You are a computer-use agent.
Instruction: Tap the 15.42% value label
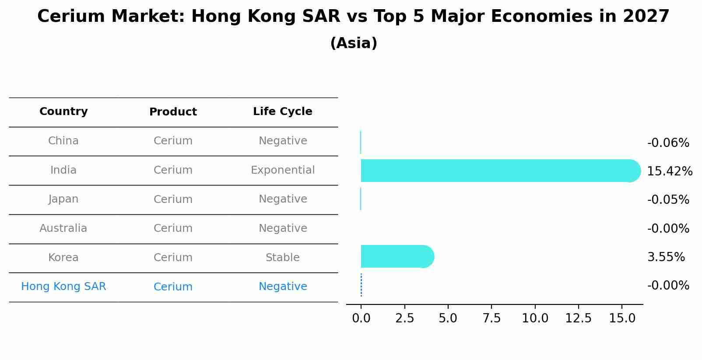[x=669, y=171]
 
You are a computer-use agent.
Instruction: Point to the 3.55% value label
[x=666, y=257]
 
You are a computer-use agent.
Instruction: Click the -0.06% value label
[x=668, y=143]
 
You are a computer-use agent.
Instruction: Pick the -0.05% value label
[x=668, y=199]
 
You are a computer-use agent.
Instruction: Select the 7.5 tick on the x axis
[x=491, y=318]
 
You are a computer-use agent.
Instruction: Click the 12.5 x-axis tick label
[x=578, y=318]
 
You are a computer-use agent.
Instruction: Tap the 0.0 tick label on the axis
[x=361, y=318]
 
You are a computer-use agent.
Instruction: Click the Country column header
[x=63, y=112]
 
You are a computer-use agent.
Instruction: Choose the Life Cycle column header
[x=282, y=112]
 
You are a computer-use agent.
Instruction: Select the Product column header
[x=173, y=112]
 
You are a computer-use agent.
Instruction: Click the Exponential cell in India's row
[x=282, y=170]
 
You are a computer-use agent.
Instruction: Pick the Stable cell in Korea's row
[x=282, y=258]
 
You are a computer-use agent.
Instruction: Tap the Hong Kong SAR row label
[x=63, y=287]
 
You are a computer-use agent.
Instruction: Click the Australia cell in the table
[x=63, y=228]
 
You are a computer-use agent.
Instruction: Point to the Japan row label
[x=63, y=199]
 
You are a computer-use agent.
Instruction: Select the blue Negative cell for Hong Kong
[x=282, y=287]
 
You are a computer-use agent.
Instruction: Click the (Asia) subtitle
[x=353, y=43]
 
